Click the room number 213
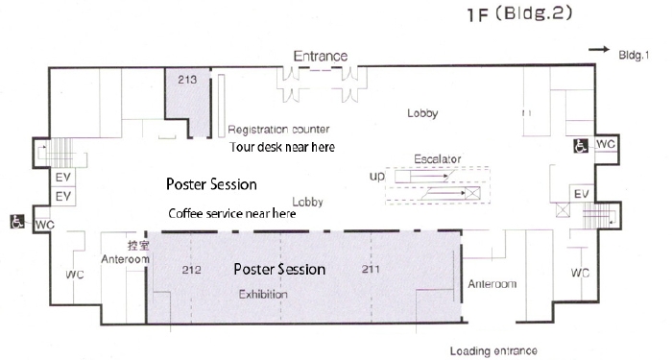point(187,80)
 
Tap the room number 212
point(192,270)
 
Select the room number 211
point(371,269)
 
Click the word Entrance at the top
point(320,56)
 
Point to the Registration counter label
point(278,129)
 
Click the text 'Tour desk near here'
point(282,147)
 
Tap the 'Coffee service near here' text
point(232,213)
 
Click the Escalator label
point(438,159)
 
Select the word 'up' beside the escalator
point(377,176)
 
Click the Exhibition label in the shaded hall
point(263,294)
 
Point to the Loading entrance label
point(493,351)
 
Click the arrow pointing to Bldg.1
point(599,50)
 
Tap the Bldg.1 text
point(634,55)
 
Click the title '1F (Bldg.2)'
point(519,13)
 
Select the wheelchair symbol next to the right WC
point(581,146)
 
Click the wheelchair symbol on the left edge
point(17,222)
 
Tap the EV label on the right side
point(582,194)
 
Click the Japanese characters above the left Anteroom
point(138,245)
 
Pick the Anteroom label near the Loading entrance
point(492,284)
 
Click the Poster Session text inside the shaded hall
point(279,269)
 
